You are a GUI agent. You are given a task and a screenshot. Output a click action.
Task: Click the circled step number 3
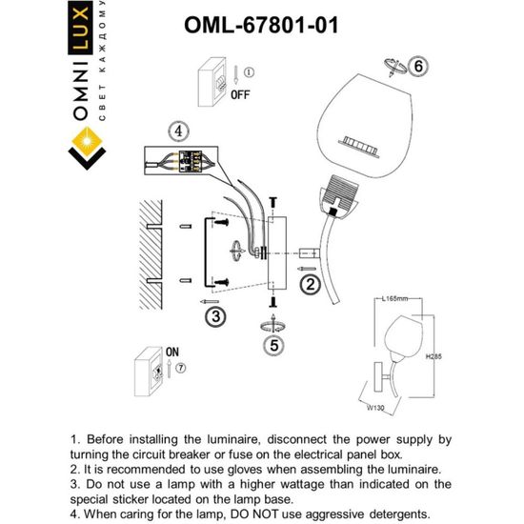[216, 315]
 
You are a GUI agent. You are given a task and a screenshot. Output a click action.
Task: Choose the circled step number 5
[273, 347]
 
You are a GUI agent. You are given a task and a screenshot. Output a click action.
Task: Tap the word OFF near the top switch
[239, 95]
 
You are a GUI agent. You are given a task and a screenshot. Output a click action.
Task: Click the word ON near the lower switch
[172, 352]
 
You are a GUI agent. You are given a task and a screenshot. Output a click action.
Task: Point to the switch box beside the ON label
[148, 371]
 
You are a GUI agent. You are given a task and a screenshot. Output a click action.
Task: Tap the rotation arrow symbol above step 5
[272, 326]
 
